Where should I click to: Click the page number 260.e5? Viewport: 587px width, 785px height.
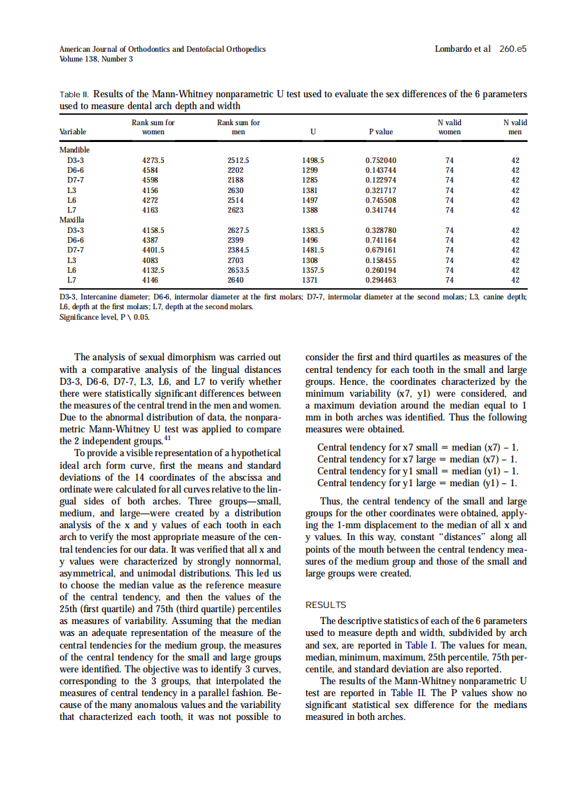click(x=513, y=50)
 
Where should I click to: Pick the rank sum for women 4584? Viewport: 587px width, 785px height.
click(x=150, y=170)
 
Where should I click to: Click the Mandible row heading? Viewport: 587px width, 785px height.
click(x=75, y=150)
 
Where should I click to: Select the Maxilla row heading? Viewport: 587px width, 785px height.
click(x=73, y=220)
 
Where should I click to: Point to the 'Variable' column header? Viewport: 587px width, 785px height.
click(x=74, y=132)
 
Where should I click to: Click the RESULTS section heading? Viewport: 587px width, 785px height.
click(x=326, y=605)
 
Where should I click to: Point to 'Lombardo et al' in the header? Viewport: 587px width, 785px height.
click(x=462, y=50)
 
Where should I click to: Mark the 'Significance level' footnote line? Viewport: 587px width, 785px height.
click(x=104, y=316)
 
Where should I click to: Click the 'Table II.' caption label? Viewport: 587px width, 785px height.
click(x=74, y=94)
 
